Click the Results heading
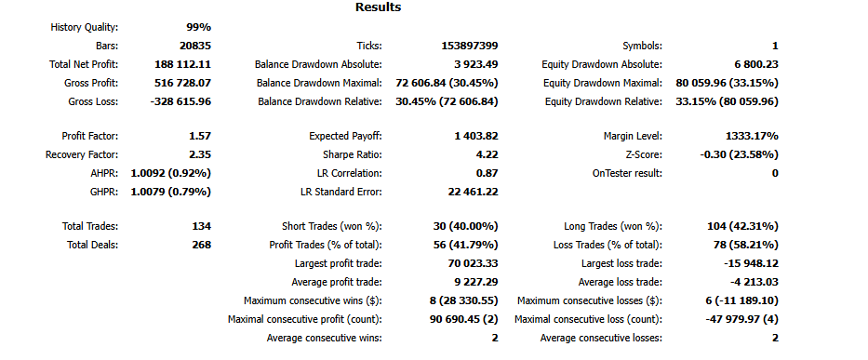click(x=378, y=7)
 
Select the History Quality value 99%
click(x=193, y=28)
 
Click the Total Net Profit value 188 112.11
click(x=182, y=64)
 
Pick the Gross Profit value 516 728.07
click(x=182, y=83)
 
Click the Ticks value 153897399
click(x=471, y=46)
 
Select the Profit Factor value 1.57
click(x=199, y=136)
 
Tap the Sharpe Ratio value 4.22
click(x=487, y=154)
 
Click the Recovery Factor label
click(x=82, y=154)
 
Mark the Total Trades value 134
click(x=201, y=226)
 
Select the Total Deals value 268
click(x=201, y=245)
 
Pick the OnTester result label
click(x=627, y=173)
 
